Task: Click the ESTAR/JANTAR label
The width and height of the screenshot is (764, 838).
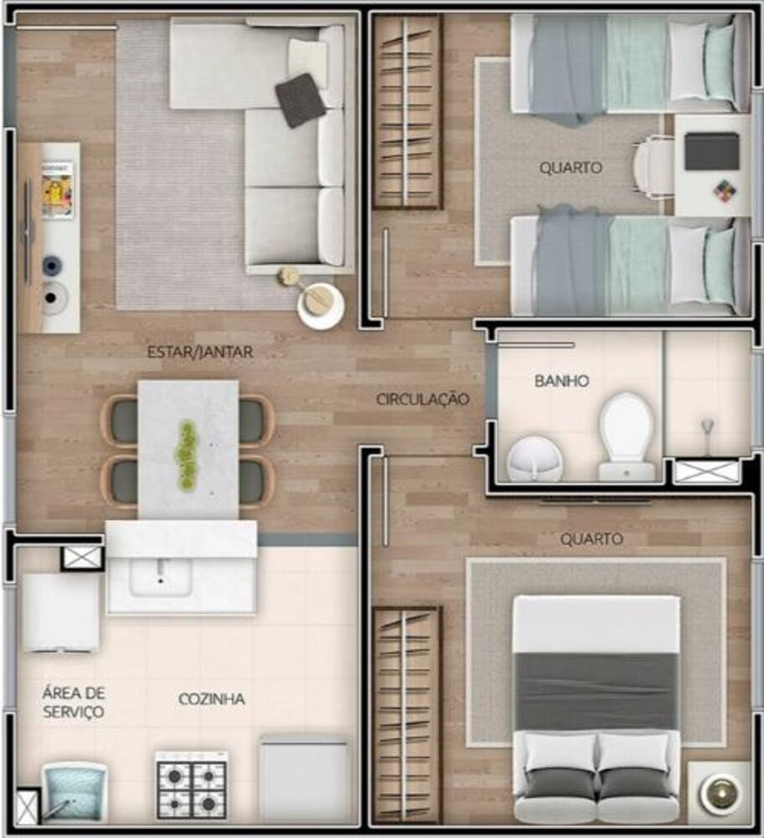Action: tap(200, 352)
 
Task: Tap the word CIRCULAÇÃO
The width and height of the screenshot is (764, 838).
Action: tap(422, 399)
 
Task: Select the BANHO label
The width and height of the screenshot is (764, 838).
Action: tap(561, 381)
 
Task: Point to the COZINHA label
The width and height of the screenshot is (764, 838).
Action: tap(212, 699)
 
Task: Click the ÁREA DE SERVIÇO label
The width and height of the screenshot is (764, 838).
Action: tap(73, 702)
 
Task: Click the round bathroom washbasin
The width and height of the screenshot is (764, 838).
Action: tap(534, 459)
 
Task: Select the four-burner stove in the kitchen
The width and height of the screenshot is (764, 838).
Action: tap(191, 786)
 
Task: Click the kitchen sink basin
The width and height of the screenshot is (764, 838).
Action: tap(160, 577)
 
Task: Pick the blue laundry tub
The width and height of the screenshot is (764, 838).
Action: tap(75, 791)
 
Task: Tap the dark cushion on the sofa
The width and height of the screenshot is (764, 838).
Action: tap(300, 101)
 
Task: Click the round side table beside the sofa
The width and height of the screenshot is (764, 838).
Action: tap(321, 305)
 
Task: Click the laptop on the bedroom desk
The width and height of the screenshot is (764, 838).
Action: tap(712, 151)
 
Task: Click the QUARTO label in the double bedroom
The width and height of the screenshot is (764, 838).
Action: tap(591, 539)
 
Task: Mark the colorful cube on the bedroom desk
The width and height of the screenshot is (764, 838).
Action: tap(725, 189)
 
